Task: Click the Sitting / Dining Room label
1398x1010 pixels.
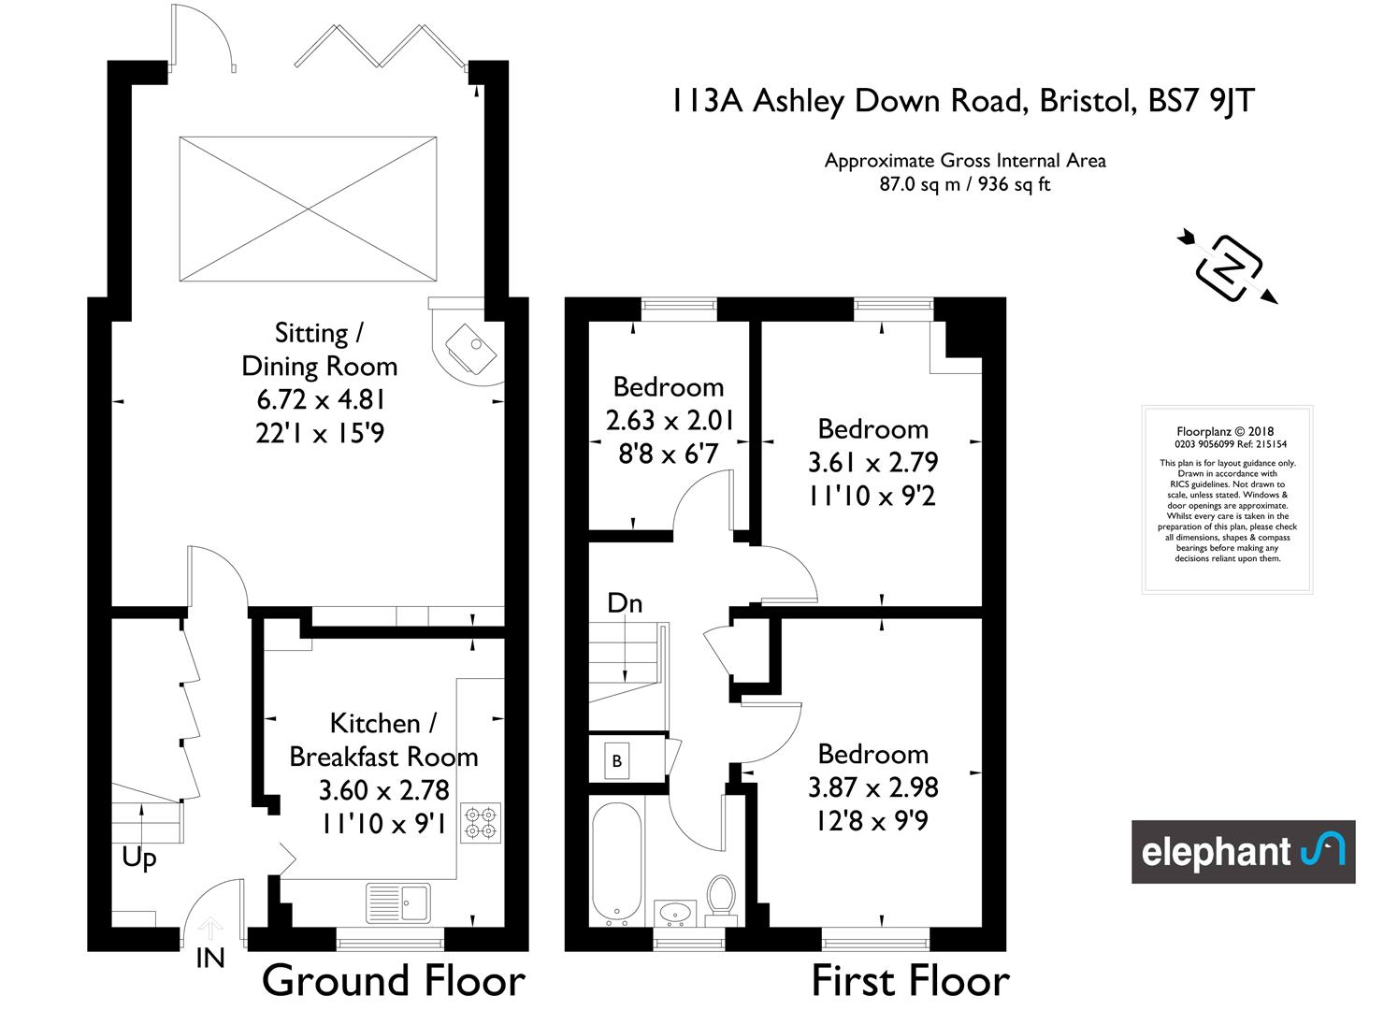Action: click(x=319, y=350)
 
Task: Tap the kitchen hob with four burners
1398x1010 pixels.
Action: click(x=481, y=822)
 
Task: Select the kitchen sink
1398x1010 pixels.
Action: click(x=398, y=902)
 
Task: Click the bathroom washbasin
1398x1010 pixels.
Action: click(x=674, y=913)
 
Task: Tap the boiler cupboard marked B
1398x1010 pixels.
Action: click(x=616, y=760)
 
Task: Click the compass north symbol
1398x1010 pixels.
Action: click(x=1228, y=268)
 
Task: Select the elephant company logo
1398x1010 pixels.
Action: click(x=1243, y=851)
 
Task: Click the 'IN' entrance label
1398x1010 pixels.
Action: click(x=210, y=959)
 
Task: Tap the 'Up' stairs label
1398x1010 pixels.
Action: click(x=139, y=858)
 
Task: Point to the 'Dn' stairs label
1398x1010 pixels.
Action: click(x=625, y=603)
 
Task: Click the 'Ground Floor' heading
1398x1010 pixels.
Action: click(x=393, y=980)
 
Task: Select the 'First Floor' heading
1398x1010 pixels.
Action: click(x=911, y=980)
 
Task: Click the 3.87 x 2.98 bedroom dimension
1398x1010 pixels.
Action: click(x=873, y=787)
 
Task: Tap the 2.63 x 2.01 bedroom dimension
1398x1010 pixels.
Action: click(x=670, y=420)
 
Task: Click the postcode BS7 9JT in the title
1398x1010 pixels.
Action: click(x=1201, y=101)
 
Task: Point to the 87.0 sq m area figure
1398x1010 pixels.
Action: click(x=919, y=185)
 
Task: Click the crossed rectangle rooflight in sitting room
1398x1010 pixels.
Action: click(x=308, y=209)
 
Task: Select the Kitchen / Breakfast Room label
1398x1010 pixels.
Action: click(x=383, y=740)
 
